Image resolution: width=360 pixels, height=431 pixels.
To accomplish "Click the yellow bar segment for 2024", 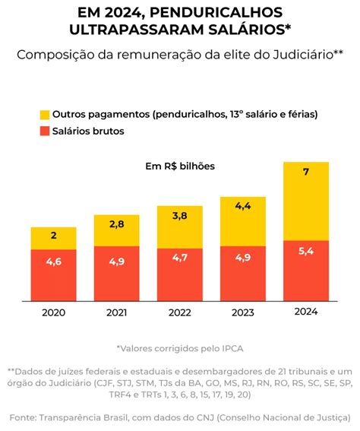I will coord(305,201).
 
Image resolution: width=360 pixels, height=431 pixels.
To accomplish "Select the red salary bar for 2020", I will coord(53,274).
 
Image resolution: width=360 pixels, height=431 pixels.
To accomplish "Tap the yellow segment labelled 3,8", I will coord(179,227).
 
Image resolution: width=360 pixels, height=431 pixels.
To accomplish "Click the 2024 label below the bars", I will coord(305,311).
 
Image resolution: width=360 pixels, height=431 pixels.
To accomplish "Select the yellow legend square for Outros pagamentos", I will coord(45,114).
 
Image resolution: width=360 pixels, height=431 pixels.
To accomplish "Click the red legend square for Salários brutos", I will coord(45,132).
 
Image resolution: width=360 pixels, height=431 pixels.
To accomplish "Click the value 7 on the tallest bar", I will coord(305,173).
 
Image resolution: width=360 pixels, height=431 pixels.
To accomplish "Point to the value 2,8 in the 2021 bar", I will coord(116,224).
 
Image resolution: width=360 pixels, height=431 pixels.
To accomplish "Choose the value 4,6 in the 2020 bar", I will coord(53,262).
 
